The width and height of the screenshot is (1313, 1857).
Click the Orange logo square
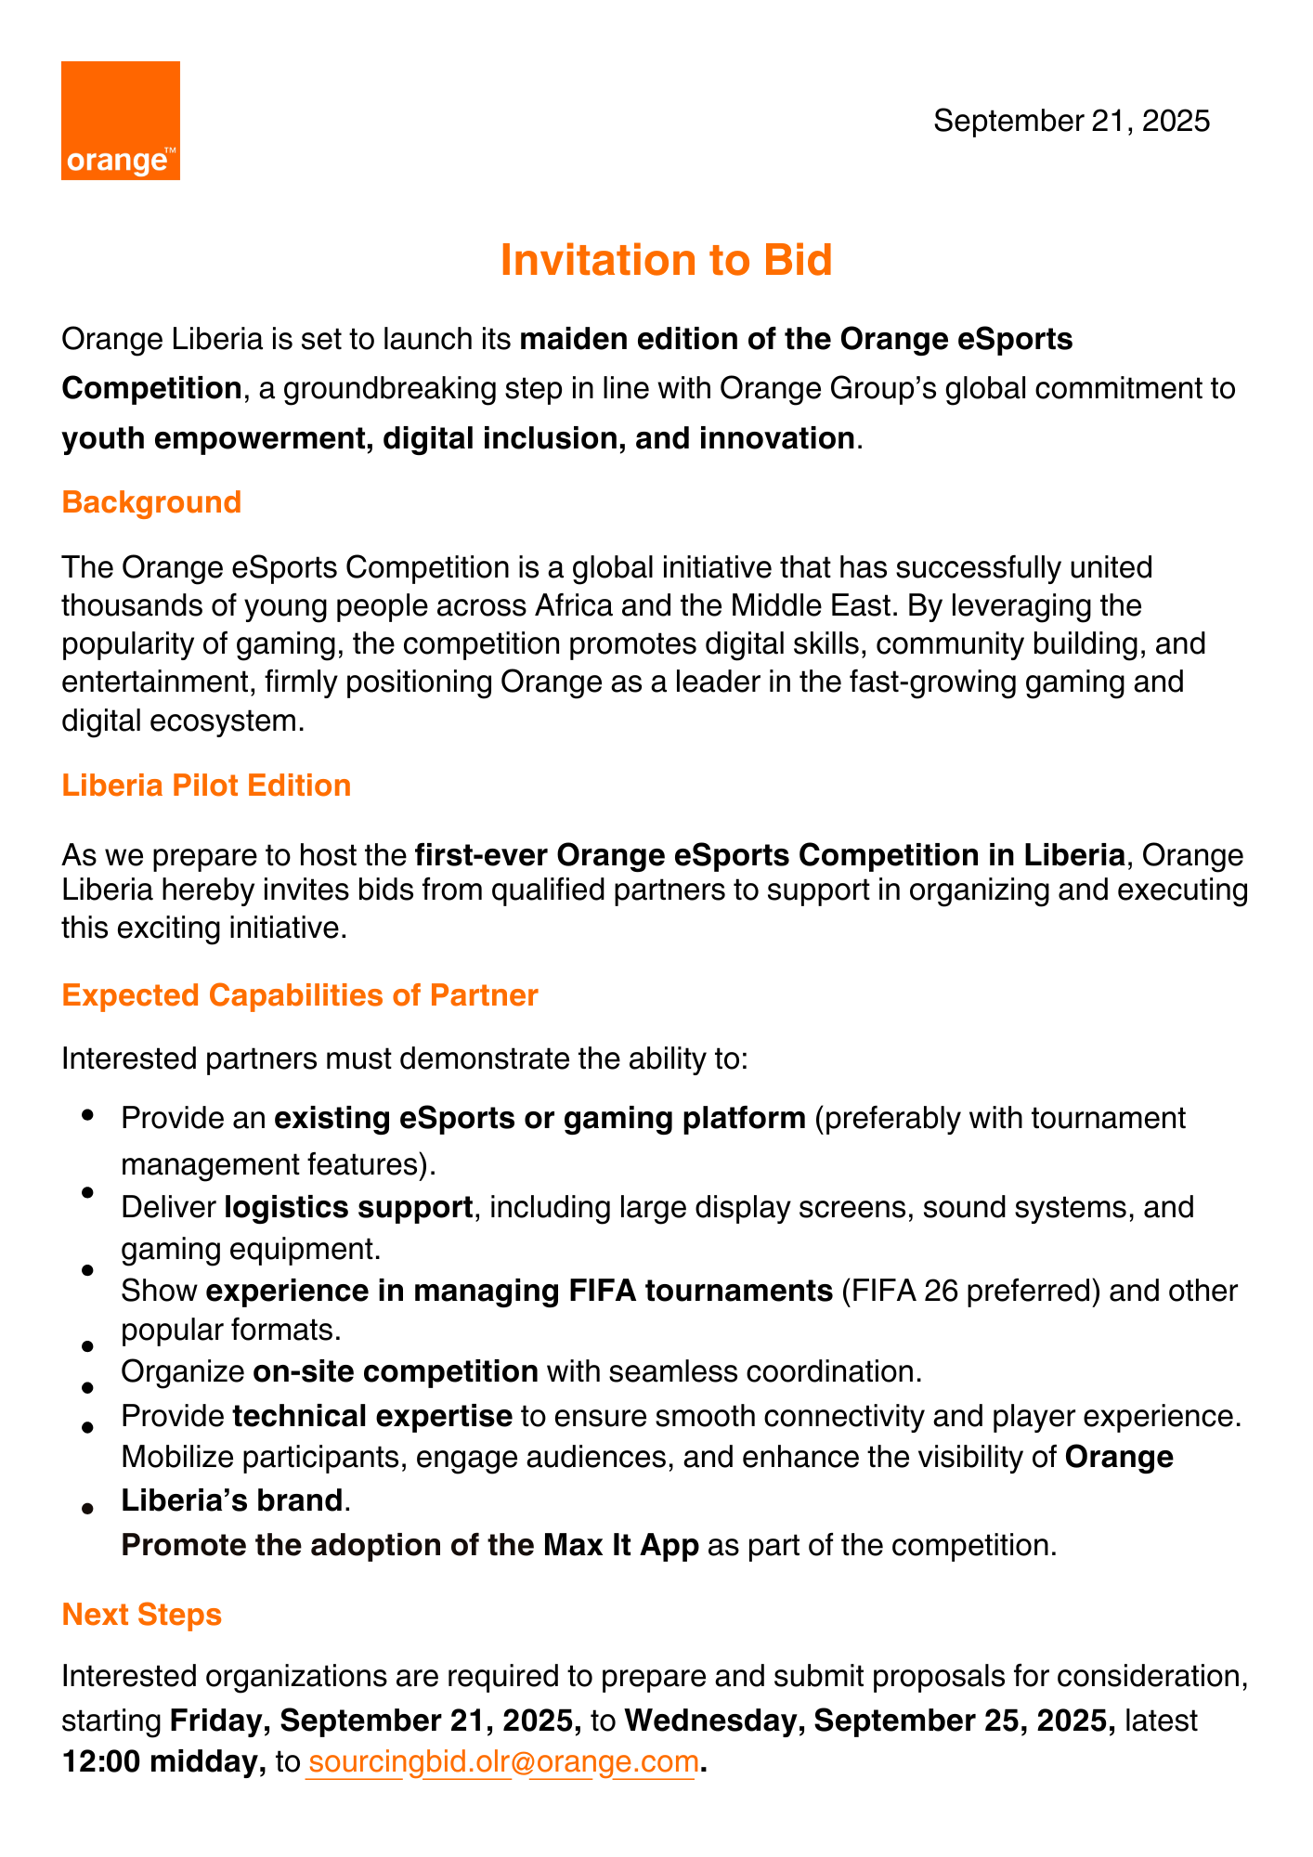coord(121,121)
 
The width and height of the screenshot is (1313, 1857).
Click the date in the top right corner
coord(1072,121)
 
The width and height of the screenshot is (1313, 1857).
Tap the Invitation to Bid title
coord(666,260)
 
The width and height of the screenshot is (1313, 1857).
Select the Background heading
coord(151,502)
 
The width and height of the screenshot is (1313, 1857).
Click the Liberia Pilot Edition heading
coord(206,786)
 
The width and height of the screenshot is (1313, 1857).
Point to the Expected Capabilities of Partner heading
coord(300,995)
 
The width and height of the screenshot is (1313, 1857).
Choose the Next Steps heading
coord(142,1615)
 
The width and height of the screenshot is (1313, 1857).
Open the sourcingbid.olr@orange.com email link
coord(502,1761)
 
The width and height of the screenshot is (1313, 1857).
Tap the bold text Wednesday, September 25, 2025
coord(870,1720)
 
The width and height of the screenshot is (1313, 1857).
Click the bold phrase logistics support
coord(349,1207)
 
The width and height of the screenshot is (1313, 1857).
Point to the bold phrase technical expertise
coord(372,1416)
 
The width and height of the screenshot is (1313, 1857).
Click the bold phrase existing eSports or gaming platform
coord(540,1118)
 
